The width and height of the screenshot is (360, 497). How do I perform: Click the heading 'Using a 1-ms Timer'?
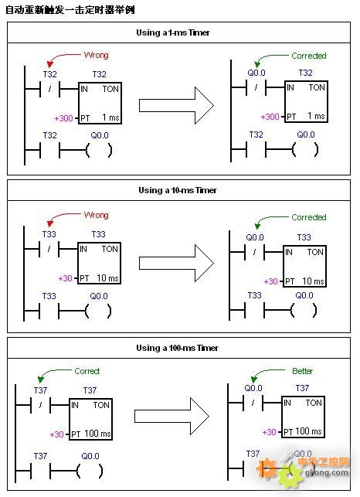coord(173,32)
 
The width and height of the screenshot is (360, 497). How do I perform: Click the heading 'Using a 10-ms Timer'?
coord(178,190)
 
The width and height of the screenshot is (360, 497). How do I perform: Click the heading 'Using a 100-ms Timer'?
coord(177,348)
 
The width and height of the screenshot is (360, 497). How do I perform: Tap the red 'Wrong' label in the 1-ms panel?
coord(96,55)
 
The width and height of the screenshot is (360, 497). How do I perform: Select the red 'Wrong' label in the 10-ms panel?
coord(96,215)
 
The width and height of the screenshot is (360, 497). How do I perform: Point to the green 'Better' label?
coord(302,371)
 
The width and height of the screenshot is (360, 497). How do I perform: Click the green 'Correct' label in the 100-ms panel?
coord(87,371)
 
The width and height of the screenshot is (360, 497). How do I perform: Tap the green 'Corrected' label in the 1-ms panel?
coord(309,56)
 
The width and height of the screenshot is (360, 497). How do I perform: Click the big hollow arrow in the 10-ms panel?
coord(176,263)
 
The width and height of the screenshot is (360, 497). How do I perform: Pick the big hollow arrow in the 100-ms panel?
coord(172,417)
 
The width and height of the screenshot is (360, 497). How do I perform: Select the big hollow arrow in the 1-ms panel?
coord(176,106)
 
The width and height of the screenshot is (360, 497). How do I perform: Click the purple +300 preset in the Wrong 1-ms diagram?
coord(63,118)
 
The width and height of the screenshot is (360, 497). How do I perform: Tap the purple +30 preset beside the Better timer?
coord(270,432)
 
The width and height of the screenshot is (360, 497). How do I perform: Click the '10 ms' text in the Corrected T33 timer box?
coord(313,281)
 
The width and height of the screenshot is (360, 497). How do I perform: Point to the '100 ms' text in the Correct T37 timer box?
coord(97,434)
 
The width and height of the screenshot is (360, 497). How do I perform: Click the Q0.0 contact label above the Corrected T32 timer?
coord(256,73)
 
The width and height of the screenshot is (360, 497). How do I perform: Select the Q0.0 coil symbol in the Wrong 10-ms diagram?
coord(98,311)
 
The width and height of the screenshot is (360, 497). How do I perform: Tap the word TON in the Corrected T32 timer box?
coord(317,87)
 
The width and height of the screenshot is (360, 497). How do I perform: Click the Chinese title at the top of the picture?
coord(70,10)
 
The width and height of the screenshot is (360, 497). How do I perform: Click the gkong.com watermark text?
coord(327,473)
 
